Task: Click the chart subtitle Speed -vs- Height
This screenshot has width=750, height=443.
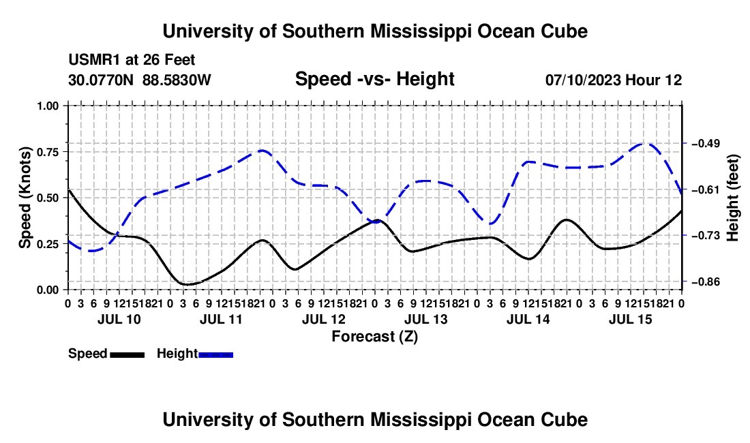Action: pos(374,79)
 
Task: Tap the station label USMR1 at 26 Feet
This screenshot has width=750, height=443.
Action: pos(132,60)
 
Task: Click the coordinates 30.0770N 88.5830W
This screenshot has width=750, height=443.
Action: pos(139,80)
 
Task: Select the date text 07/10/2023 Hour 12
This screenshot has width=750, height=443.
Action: pos(614,80)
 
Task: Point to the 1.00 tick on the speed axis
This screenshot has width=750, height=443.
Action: pos(47,106)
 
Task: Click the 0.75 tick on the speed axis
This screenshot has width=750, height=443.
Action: pos(47,152)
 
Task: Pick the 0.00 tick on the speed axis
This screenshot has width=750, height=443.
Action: pos(47,290)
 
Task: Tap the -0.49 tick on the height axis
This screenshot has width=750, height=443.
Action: pos(705,143)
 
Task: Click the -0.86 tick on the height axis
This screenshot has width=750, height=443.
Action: pos(705,282)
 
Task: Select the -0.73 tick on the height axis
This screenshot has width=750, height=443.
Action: pos(705,236)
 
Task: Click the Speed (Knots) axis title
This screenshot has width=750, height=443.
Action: pos(25,198)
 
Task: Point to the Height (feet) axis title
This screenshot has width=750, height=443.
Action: pos(732,198)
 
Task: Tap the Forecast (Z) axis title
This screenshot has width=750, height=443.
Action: pos(374,337)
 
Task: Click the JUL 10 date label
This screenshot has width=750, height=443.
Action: pos(119,319)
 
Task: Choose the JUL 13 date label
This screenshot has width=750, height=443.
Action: pos(425,319)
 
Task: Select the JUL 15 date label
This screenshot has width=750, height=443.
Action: pos(631,319)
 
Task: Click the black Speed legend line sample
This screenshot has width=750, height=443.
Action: pos(127,355)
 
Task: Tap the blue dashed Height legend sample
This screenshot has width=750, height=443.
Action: pos(215,355)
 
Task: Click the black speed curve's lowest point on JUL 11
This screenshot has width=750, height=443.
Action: pos(186,284)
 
